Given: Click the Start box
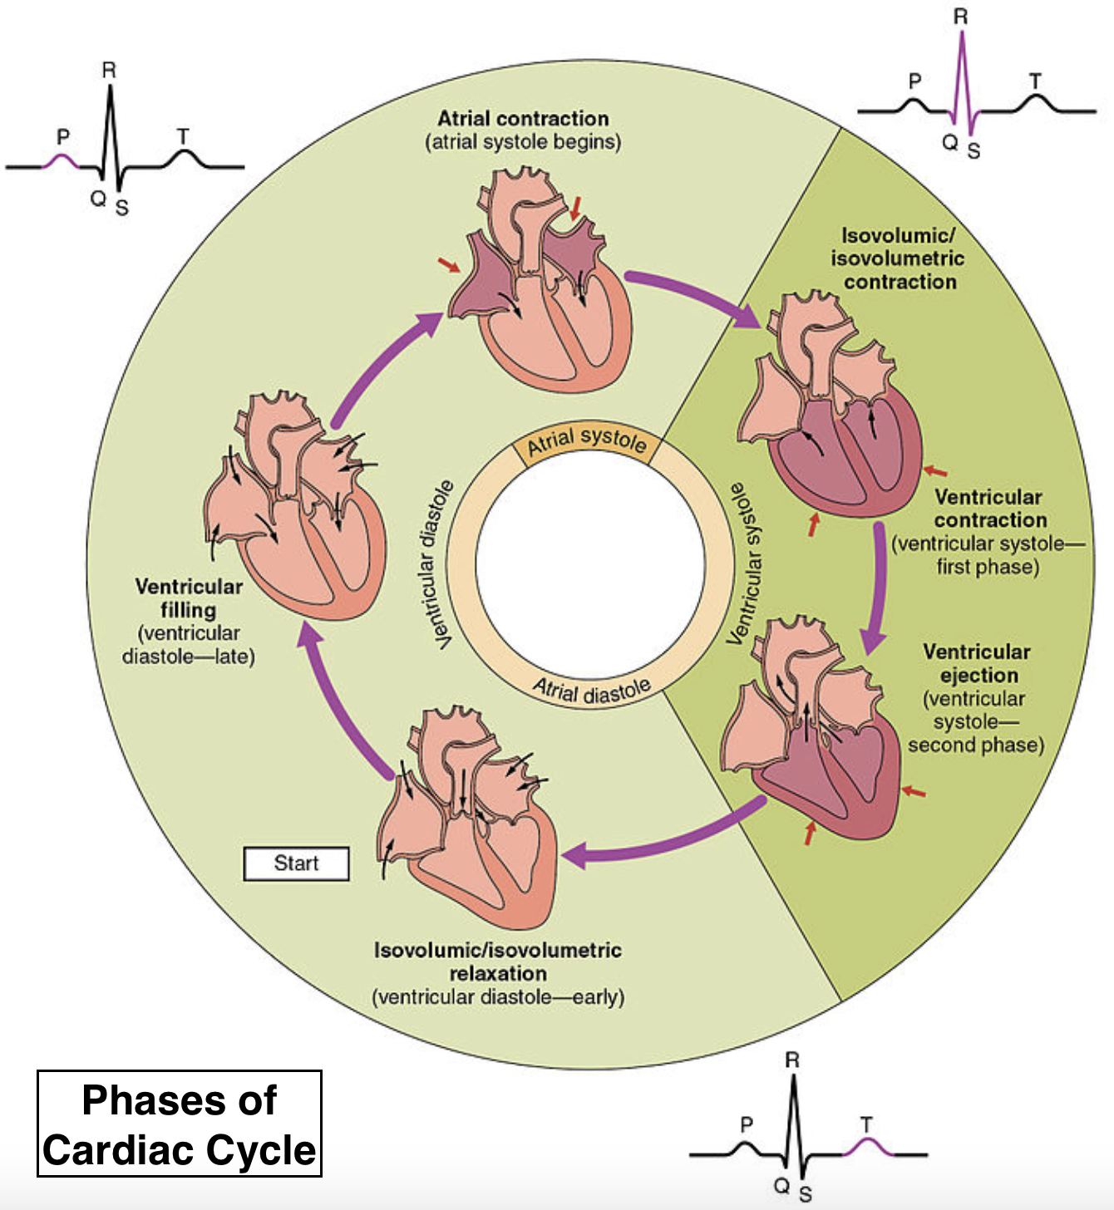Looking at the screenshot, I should [x=296, y=863].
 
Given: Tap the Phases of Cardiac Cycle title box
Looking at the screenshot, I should [x=180, y=1124].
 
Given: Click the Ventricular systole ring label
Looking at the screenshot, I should [x=745, y=564].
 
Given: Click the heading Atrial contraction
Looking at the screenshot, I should [x=523, y=118].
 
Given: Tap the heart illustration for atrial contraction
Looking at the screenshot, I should [x=540, y=283].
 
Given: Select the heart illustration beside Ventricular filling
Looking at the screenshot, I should [x=299, y=507].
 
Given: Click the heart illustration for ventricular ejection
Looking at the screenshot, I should [x=815, y=731].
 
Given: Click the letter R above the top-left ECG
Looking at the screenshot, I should [x=109, y=71].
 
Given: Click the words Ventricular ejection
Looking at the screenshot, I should [x=977, y=663].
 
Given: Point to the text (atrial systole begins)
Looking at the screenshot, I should [x=523, y=142].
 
